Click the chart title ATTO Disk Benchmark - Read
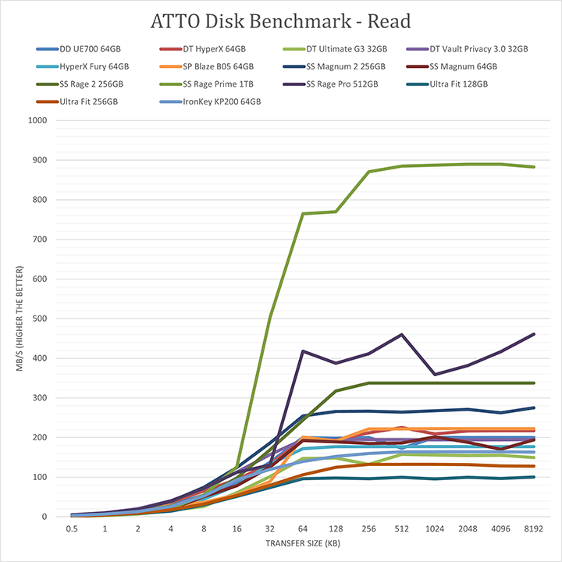coord(281,20)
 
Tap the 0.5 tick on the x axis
coord(73,528)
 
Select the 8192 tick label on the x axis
coord(533,528)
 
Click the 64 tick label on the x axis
coord(303,528)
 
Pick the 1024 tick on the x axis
coord(434,528)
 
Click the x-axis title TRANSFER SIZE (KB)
coord(303,543)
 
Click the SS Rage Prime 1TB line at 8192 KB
coord(533,167)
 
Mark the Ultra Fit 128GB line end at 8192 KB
coord(533,477)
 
